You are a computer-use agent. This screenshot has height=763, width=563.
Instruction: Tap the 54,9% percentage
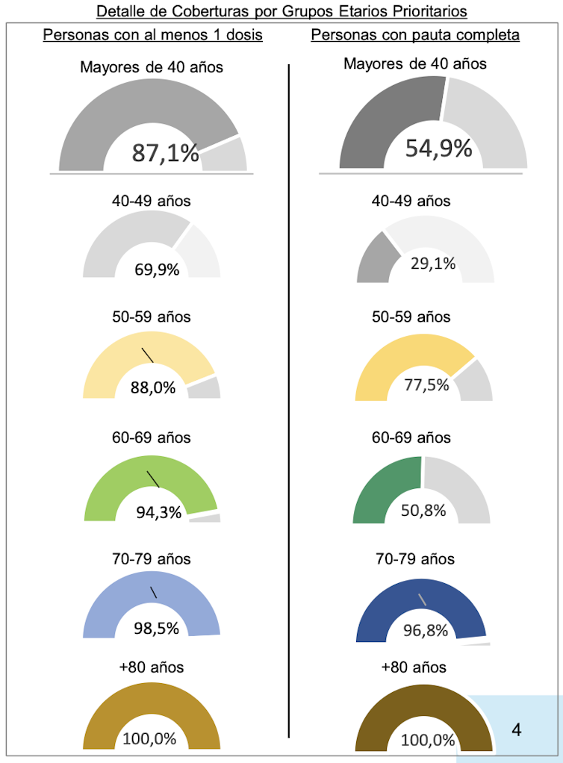pyautogui.click(x=439, y=148)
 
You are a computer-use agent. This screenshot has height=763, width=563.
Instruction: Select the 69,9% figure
pyautogui.click(x=157, y=270)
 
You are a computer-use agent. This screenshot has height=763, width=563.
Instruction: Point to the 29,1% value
pyautogui.click(x=433, y=263)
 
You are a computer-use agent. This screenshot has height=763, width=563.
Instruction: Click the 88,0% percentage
pyautogui.click(x=155, y=387)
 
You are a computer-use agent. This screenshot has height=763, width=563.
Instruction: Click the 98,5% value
pyautogui.click(x=157, y=629)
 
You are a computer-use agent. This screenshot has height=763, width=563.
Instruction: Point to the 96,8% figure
pyautogui.click(x=426, y=631)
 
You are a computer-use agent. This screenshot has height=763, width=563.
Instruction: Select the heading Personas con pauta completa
pyautogui.click(x=416, y=35)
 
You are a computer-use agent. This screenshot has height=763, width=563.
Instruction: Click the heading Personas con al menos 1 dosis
pyautogui.click(x=153, y=35)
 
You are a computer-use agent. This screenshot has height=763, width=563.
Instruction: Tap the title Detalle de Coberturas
pyautogui.click(x=281, y=11)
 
